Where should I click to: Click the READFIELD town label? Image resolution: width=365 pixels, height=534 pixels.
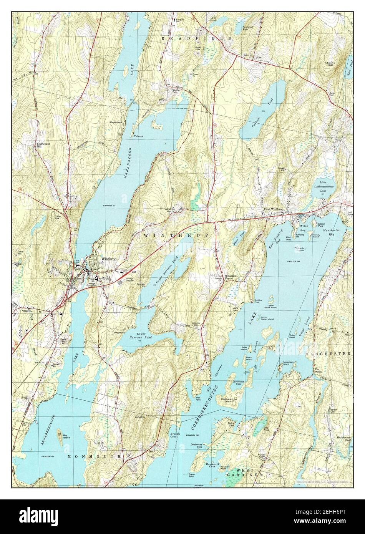[197, 39]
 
